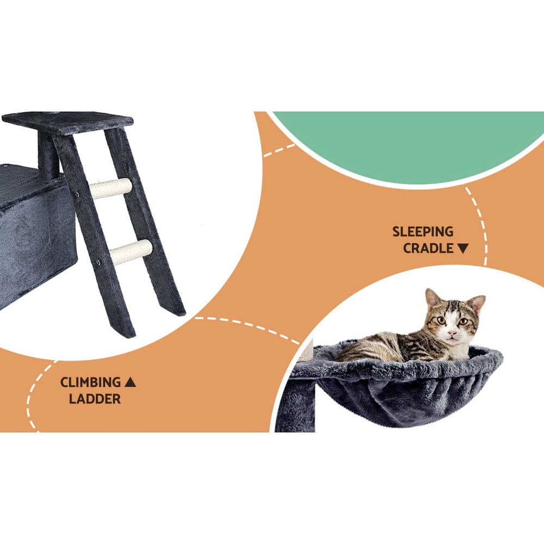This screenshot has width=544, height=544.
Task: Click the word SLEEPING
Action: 423,232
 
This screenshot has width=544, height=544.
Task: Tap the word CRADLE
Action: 428,249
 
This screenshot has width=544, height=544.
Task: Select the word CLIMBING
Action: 90,382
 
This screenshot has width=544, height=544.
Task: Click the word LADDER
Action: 95,399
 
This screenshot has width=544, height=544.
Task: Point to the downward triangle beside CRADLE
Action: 463,249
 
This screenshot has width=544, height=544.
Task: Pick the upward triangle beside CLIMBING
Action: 130,382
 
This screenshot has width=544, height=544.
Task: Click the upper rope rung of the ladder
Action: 111,188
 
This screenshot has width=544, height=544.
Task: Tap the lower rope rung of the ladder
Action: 131,252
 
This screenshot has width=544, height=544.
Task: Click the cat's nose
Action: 451,332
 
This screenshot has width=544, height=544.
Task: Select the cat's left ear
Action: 432,298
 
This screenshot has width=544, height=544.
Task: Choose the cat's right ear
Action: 477,302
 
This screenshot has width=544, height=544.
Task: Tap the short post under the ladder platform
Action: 48,155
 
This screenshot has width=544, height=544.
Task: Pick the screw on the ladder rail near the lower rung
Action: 100,263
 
